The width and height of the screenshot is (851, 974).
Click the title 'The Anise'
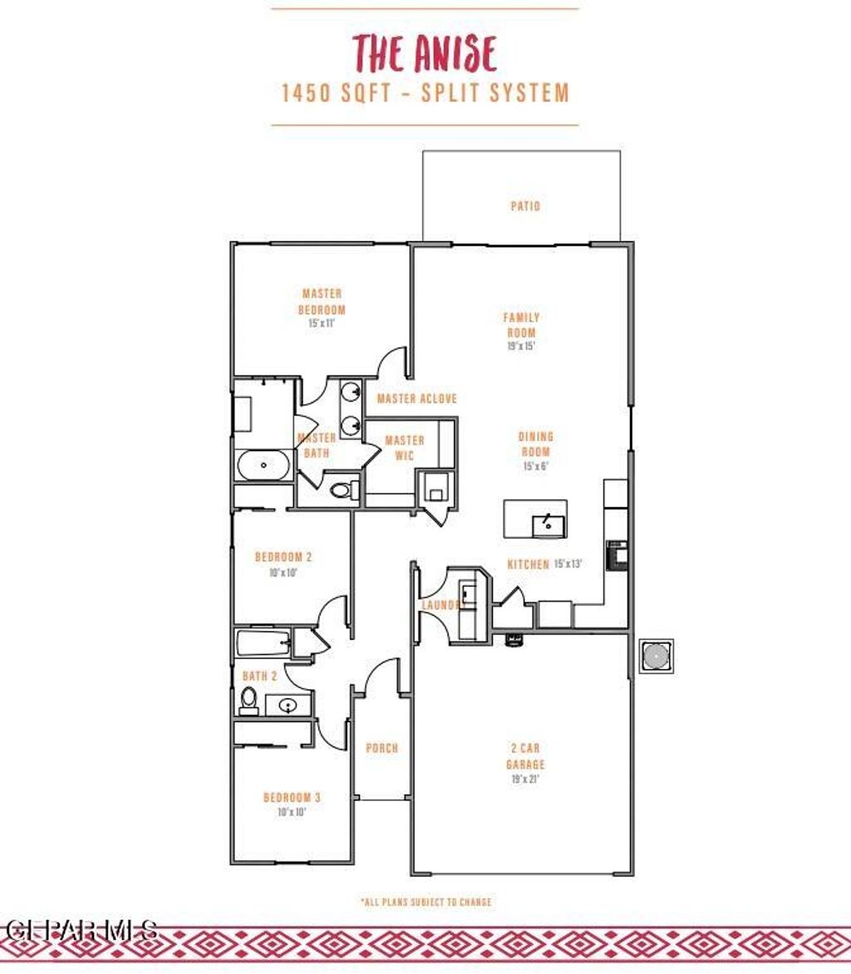click(x=425, y=53)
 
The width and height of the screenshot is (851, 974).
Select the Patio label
click(x=525, y=205)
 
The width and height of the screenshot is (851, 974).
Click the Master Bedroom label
click(x=322, y=302)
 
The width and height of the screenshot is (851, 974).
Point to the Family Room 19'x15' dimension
click(x=521, y=346)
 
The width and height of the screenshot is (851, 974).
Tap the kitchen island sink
click(x=548, y=524)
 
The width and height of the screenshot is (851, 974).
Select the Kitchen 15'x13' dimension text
click(x=568, y=564)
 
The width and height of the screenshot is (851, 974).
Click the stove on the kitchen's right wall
click(x=617, y=554)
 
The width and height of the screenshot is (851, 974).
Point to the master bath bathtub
click(x=263, y=465)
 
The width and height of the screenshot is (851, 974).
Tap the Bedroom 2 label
click(x=283, y=557)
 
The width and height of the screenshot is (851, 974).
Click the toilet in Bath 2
click(x=248, y=701)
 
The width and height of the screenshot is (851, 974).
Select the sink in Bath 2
click(x=288, y=706)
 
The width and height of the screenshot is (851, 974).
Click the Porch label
click(x=382, y=748)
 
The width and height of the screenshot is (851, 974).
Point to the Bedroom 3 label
click(x=293, y=798)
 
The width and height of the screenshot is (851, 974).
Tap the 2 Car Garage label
click(x=525, y=756)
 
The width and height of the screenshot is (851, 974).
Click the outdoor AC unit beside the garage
click(x=656, y=656)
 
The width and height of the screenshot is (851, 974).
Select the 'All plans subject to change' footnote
click(x=425, y=902)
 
